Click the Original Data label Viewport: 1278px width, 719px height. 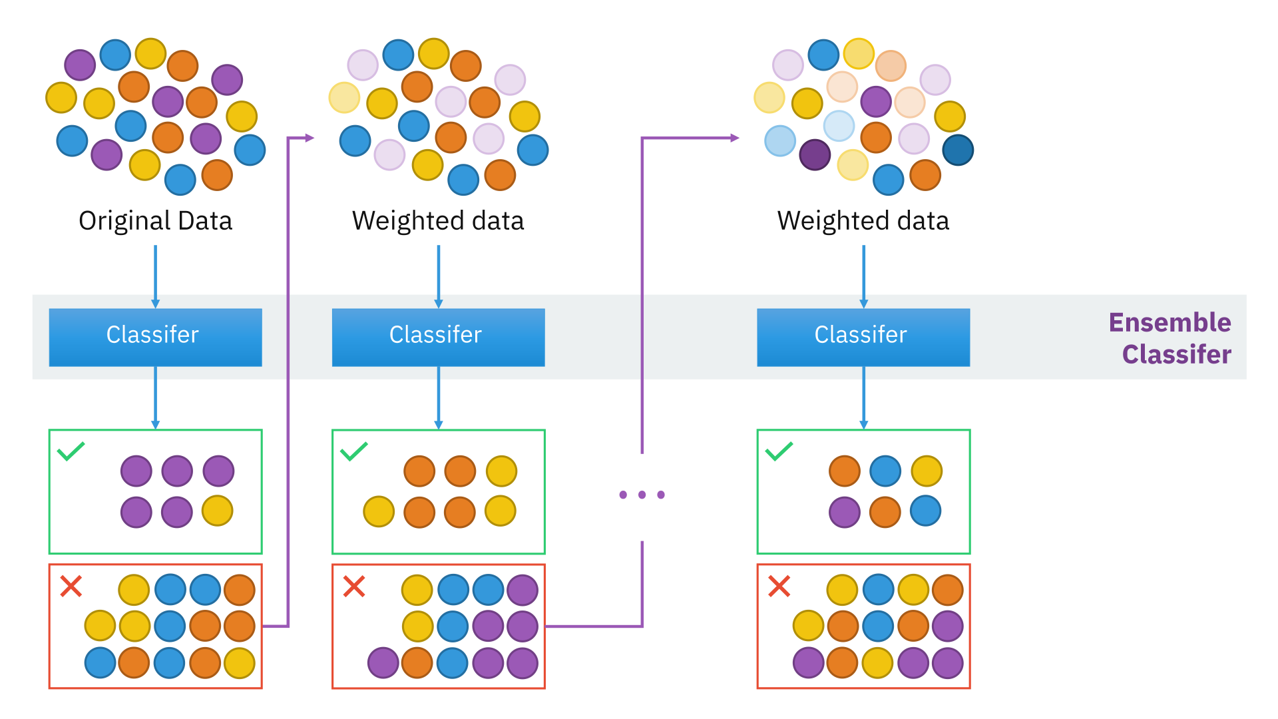pos(155,220)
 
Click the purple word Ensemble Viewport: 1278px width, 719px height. pos(1170,322)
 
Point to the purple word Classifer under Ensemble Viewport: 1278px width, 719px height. pos(1176,354)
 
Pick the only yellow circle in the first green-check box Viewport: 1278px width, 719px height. pos(218,511)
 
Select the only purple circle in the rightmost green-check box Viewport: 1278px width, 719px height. pos(845,513)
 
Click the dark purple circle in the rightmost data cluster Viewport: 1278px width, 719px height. pos(815,154)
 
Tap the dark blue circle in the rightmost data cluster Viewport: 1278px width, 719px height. pos(958,150)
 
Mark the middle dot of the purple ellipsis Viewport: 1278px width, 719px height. pos(642,495)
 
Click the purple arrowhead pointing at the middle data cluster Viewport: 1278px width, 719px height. pos(310,138)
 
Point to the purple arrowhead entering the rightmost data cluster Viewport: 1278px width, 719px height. pos(735,138)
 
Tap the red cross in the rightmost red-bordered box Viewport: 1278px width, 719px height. pos(779,587)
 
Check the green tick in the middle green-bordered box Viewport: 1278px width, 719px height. pos(353,451)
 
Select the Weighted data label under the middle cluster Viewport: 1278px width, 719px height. pos(438,220)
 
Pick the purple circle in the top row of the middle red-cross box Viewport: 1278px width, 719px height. pos(523,590)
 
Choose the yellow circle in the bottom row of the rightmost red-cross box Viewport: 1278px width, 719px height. pos(877,663)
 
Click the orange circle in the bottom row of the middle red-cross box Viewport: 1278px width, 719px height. pos(417,663)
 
